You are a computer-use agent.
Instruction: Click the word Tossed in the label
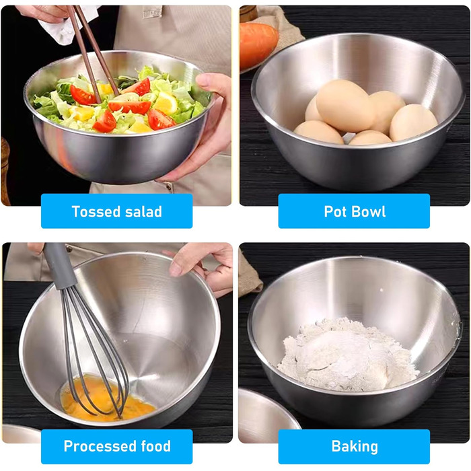tap(96, 211)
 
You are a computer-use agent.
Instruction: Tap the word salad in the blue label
tap(143, 211)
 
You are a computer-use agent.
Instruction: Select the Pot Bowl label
tap(355, 211)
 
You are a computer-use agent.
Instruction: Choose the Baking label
tap(355, 446)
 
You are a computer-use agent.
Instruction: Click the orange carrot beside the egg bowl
tap(258, 46)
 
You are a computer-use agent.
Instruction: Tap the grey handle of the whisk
tap(59, 266)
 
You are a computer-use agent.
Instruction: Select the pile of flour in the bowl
tap(348, 355)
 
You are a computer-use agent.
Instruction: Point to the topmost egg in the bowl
tap(345, 105)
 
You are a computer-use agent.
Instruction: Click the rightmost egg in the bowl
tap(412, 122)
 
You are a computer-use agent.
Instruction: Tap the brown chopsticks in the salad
tap(93, 51)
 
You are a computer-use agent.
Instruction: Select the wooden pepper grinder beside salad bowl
tap(5, 171)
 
